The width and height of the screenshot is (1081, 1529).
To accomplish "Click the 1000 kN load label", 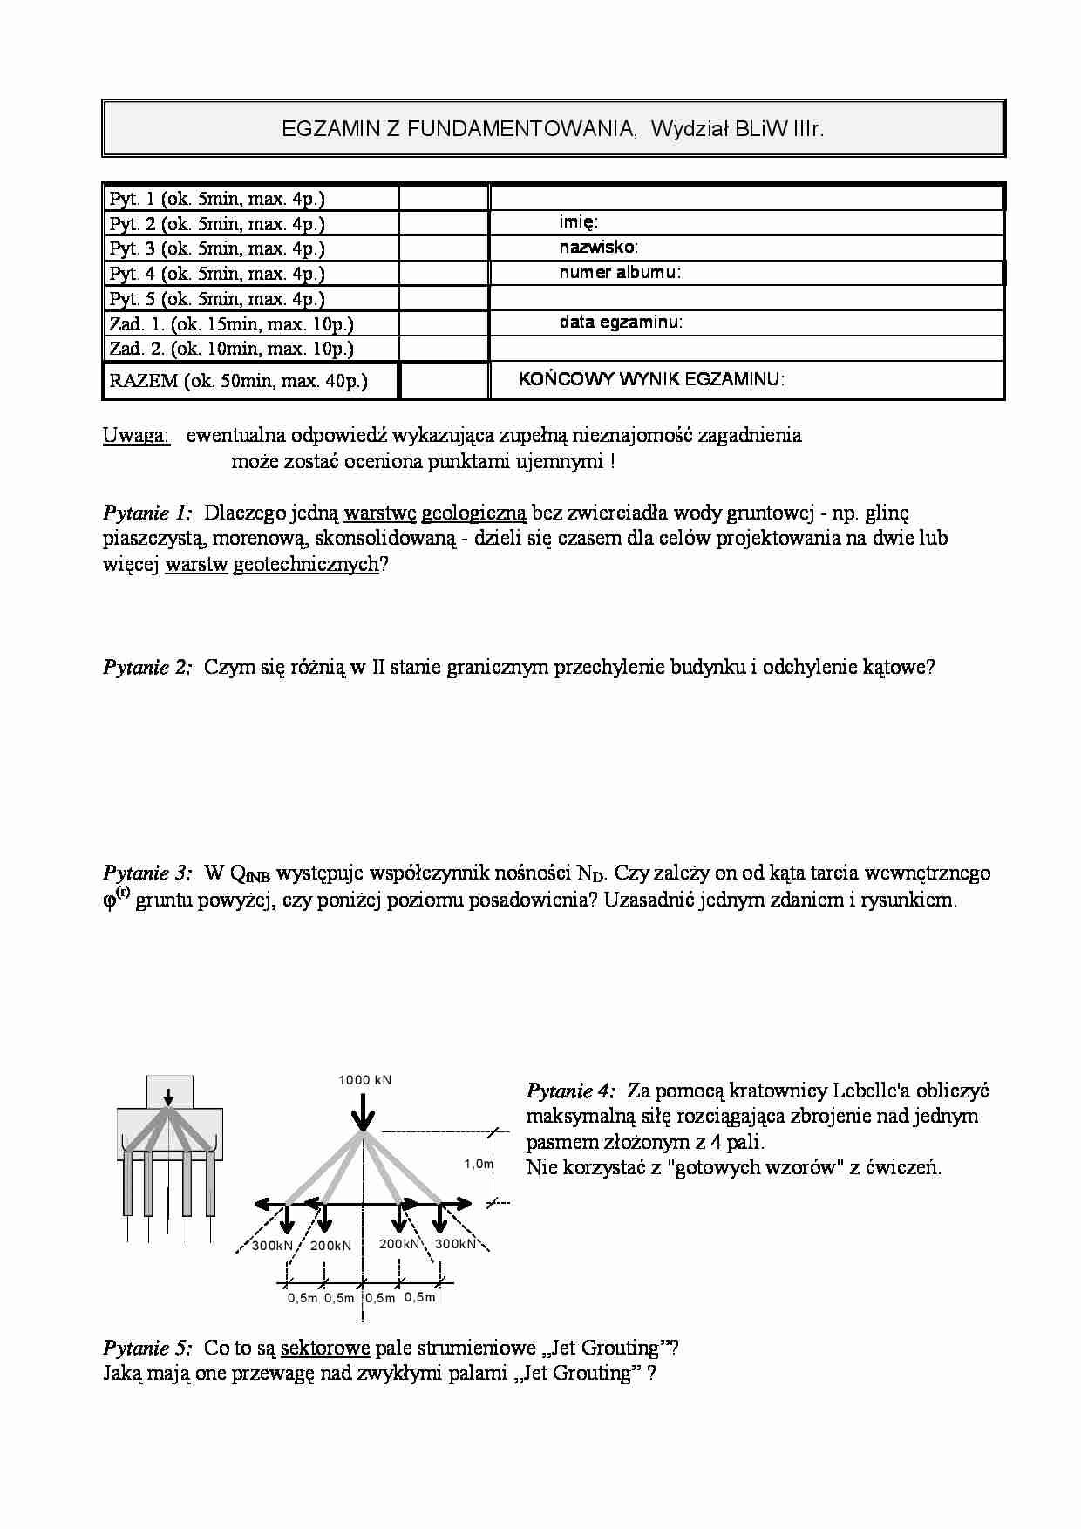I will coord(364,1080).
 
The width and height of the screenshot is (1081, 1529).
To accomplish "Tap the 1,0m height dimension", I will coord(479,1164).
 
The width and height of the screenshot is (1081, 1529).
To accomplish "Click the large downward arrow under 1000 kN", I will coord(363,1112).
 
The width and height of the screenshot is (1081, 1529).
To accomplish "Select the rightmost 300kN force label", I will coord(455,1244).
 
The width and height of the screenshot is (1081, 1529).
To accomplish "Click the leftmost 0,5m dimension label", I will coord(303,1298).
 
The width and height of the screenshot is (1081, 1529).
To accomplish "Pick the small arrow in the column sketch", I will coord(169,1095).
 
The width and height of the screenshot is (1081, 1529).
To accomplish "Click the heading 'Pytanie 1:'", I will coord(147,513).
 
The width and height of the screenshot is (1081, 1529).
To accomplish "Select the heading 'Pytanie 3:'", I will coord(147,873).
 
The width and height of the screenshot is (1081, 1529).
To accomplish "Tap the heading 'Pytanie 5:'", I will coord(147,1348).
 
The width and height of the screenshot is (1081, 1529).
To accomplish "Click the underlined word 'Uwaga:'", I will coord(136,435).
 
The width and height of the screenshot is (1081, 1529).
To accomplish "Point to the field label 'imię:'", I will coord(578,223).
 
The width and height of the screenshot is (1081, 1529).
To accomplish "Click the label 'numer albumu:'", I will coord(620,273).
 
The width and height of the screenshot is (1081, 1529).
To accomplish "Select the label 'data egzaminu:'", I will coord(621,323).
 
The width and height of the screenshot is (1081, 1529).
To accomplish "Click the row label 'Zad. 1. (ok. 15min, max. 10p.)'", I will coord(231,324).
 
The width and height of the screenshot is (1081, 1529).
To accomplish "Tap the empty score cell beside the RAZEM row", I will coord(443,381).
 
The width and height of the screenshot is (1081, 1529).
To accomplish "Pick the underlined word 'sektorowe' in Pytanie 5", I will coord(325,1348).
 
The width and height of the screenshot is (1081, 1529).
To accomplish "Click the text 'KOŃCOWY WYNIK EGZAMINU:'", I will coord(652,379).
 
